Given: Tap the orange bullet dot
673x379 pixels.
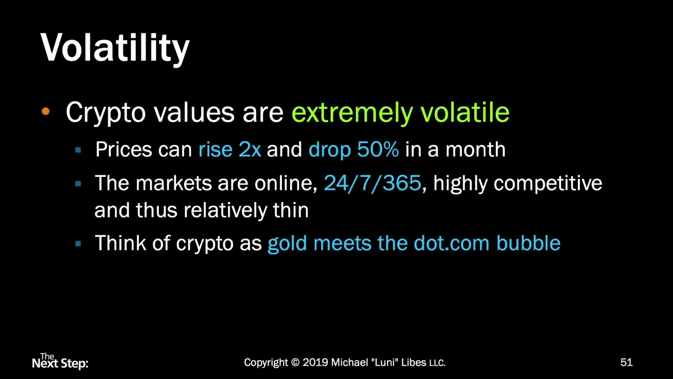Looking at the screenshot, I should coord(45,112).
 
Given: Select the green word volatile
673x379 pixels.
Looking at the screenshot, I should coord(465,112).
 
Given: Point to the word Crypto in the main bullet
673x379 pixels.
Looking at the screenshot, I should coord(105,113).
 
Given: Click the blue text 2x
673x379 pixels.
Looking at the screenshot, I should coord(250,150).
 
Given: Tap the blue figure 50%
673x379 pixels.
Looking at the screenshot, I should coord(378,150).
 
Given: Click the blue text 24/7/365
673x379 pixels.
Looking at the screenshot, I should coord(372,183).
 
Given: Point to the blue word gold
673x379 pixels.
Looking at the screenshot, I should coord(287,243).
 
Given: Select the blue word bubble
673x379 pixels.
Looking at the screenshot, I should coord(528,243).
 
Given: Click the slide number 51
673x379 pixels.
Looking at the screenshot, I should coord(626,362).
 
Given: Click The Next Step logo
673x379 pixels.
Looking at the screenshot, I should coord(60,361).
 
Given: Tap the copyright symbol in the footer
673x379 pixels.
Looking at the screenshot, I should coord(295,363).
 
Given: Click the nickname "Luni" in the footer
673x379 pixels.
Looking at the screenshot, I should coord(385,363).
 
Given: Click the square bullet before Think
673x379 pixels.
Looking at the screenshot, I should coord(78,243).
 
